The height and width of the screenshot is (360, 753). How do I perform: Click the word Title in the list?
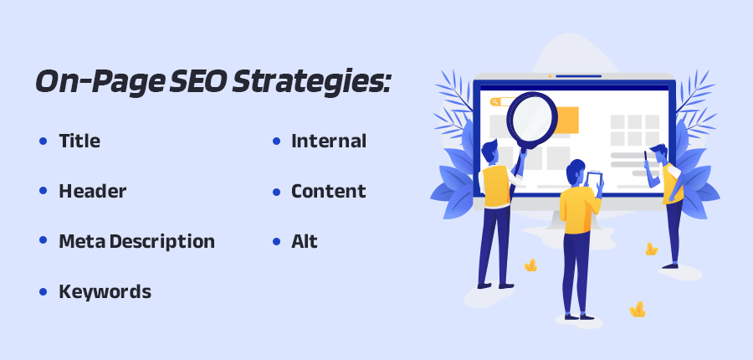click(x=79, y=141)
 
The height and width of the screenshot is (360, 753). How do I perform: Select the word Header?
click(x=92, y=192)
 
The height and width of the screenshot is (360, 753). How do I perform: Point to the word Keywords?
click(x=105, y=292)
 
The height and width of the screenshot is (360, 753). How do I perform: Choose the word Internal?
click(x=329, y=141)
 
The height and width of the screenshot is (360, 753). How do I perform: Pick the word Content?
click(x=329, y=192)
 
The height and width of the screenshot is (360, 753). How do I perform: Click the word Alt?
click(x=305, y=242)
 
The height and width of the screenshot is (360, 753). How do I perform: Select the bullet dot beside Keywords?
click(x=43, y=292)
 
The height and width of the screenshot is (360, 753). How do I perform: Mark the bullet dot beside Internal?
click(x=276, y=141)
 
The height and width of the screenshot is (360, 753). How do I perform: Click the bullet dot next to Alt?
click(x=276, y=242)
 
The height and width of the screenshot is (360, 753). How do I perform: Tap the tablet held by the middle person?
click(x=594, y=178)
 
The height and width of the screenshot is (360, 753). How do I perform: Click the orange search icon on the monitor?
click(x=495, y=101)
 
